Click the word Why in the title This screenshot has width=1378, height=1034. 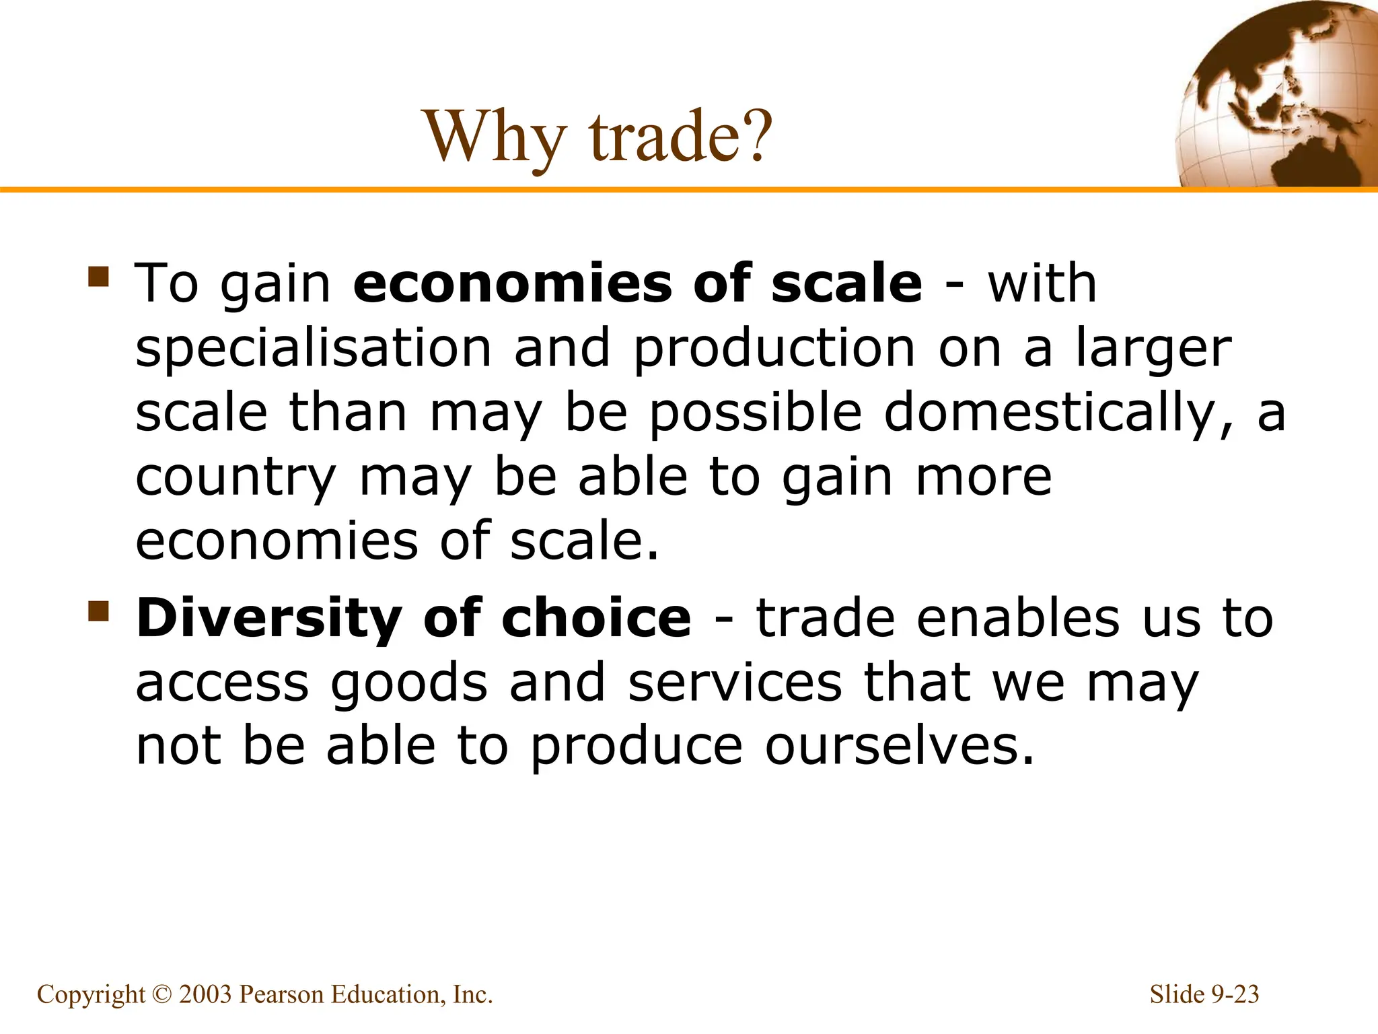coord(495,137)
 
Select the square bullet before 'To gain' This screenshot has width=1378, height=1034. coord(98,277)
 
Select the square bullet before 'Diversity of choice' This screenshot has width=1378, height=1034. coord(98,611)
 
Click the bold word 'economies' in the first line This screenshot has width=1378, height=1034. coord(511,283)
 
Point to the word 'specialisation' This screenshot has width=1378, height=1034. coord(314,348)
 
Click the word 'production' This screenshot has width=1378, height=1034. coord(774,349)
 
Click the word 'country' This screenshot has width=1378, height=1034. coord(235,479)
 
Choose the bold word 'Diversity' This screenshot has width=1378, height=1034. coord(269,619)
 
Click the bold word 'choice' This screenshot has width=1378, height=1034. coord(596,617)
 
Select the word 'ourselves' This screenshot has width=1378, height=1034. coord(899,747)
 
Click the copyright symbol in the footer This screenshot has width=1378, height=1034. coord(162,995)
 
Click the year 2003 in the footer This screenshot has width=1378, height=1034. coord(205,995)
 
